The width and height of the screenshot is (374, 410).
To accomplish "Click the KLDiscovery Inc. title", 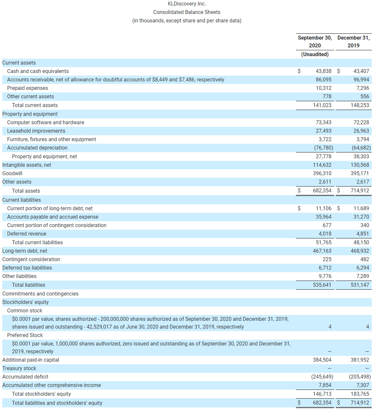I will point(187,4).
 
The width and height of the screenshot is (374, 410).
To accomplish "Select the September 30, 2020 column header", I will point(315,42).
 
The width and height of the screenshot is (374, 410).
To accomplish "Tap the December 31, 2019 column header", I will point(353,42).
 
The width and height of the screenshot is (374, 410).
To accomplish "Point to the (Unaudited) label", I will point(315,54).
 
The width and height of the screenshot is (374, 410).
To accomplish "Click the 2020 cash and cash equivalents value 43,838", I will point(323,71).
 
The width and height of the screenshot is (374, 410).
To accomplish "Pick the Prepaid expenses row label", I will point(28,88).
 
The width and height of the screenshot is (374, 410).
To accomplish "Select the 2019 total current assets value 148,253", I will point(360,105).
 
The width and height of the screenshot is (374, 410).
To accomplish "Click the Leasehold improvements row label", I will point(36,131).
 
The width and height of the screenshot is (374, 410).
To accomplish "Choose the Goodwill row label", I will point(12,174).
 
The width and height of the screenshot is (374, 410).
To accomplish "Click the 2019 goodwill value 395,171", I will point(360,174).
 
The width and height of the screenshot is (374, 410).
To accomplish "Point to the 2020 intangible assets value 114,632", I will point(322,165).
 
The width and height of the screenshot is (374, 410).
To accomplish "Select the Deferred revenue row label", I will point(27,234).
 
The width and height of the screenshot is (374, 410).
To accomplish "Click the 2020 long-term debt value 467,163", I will point(322,251).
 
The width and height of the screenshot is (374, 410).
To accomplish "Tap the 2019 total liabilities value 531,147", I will point(360,285).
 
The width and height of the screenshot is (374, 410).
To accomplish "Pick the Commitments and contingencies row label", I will point(41,294).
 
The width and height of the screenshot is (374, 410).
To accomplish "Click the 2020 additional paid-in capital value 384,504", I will point(322,360).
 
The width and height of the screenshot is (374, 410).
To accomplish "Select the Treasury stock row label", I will point(19,368).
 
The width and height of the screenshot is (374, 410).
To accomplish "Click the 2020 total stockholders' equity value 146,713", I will point(322,394).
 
